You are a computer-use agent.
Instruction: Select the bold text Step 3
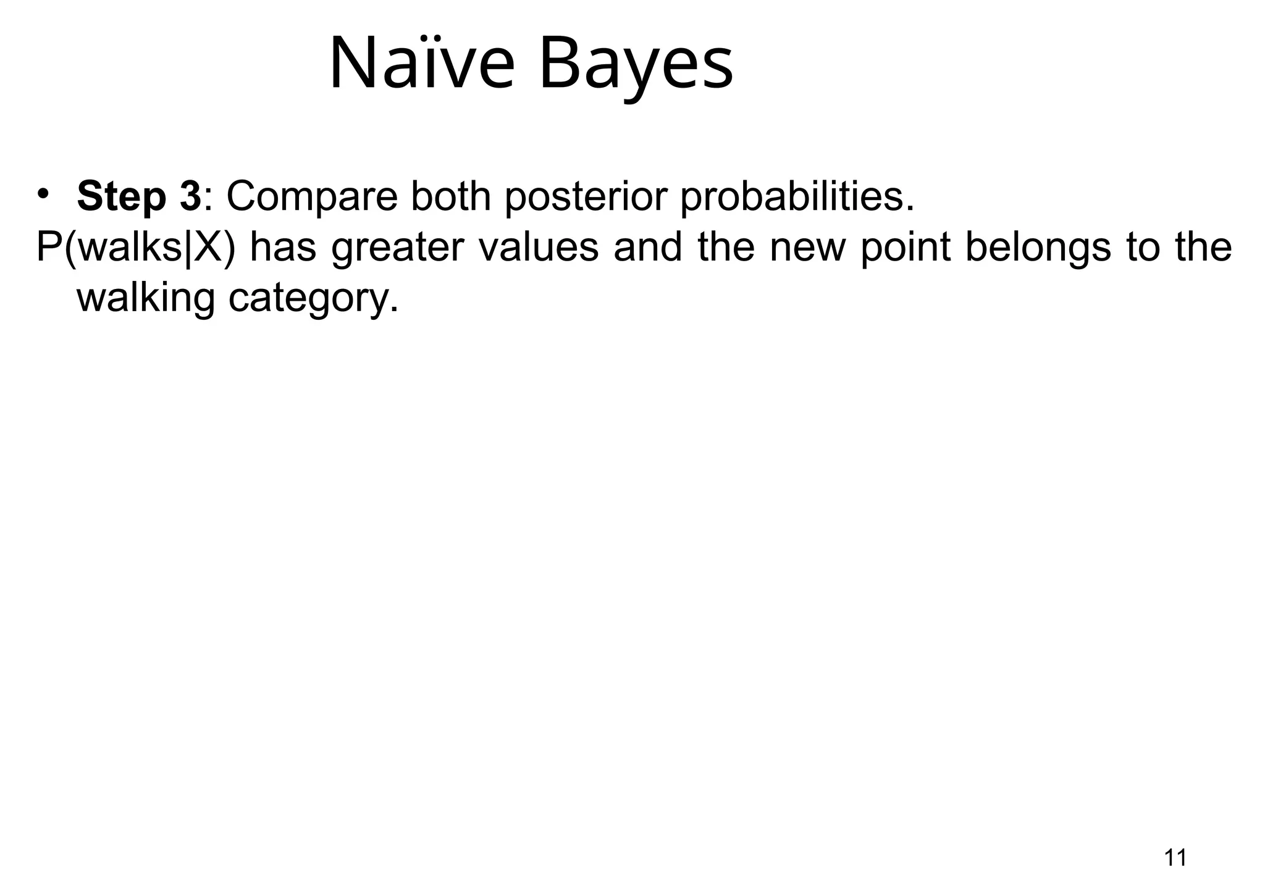tap(139, 196)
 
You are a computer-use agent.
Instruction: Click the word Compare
tap(312, 198)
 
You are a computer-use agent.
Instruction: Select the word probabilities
tap(797, 198)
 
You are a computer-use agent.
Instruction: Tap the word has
tap(283, 247)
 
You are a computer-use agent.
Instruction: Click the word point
tap(906, 248)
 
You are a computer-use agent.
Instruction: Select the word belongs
tap(1038, 248)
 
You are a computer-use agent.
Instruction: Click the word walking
tap(146, 299)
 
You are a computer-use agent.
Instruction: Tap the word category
tap(313, 300)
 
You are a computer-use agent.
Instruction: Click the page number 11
tap(1175, 858)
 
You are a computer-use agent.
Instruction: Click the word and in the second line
tap(648, 247)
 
